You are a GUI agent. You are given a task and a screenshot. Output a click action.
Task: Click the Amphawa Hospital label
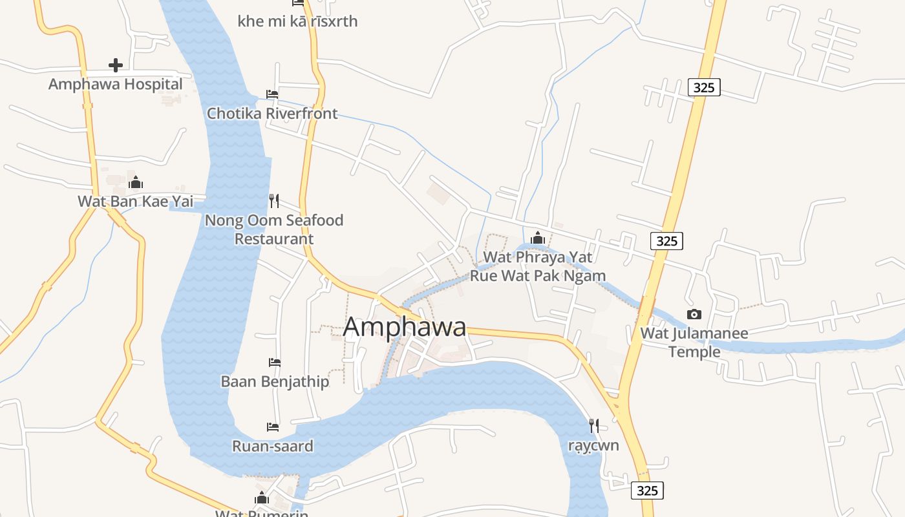click(116, 84)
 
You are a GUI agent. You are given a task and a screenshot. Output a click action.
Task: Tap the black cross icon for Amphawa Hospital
click(116, 65)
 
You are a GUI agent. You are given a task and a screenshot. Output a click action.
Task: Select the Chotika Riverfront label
click(272, 113)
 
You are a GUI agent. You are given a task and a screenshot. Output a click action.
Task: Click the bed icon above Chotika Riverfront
click(272, 94)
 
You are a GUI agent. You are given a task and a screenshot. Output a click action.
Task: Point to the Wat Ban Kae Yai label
click(135, 201)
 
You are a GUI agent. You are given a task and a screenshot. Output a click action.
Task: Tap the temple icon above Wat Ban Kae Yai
click(135, 182)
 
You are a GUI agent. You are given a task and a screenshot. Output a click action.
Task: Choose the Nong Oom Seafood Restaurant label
click(274, 229)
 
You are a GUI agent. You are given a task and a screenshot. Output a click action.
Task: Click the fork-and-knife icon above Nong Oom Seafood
click(274, 201)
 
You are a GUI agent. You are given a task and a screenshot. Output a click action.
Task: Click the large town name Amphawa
click(405, 326)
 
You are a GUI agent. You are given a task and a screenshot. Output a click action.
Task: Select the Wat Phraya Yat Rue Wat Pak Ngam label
click(538, 266)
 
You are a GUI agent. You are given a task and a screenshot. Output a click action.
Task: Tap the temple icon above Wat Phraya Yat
click(538, 238)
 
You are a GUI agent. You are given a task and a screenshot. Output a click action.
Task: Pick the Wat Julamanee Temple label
click(694, 343)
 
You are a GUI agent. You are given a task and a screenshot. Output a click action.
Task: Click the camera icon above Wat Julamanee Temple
click(694, 314)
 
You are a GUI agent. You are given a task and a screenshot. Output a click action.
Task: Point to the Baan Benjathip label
click(275, 381)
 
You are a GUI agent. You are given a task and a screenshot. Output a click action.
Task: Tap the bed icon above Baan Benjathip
click(275, 363)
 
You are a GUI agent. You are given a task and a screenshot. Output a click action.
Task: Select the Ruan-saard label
click(273, 446)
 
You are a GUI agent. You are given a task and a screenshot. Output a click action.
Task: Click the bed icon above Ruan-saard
click(273, 427)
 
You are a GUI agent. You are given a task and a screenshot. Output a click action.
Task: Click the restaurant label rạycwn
click(593, 445)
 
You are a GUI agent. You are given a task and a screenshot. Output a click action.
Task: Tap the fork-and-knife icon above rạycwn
click(593, 425)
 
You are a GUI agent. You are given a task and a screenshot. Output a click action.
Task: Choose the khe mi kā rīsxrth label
click(297, 21)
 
